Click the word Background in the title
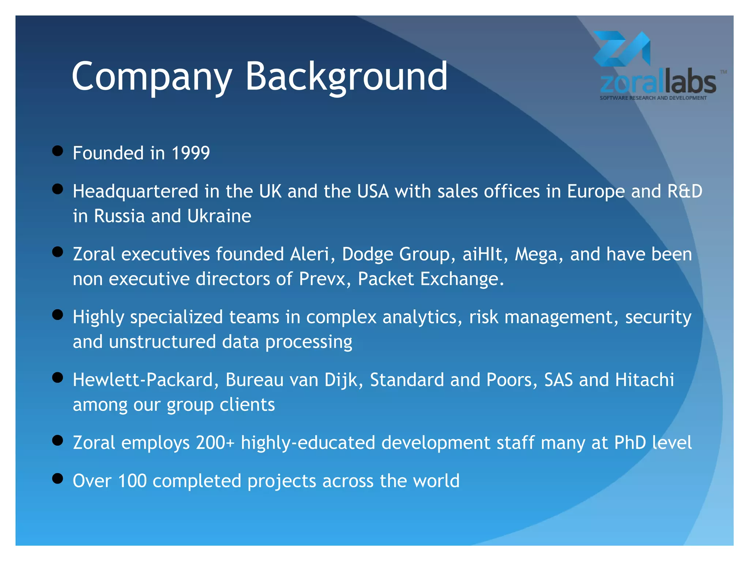(x=346, y=77)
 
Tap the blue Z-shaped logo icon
(x=621, y=49)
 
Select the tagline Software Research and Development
(x=653, y=98)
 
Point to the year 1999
(x=191, y=153)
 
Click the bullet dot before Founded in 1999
(x=57, y=151)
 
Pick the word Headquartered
(x=135, y=191)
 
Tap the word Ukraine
(x=219, y=216)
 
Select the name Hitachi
(x=644, y=380)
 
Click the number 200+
(x=215, y=443)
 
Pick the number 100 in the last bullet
(x=132, y=481)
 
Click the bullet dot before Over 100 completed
(x=57, y=478)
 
